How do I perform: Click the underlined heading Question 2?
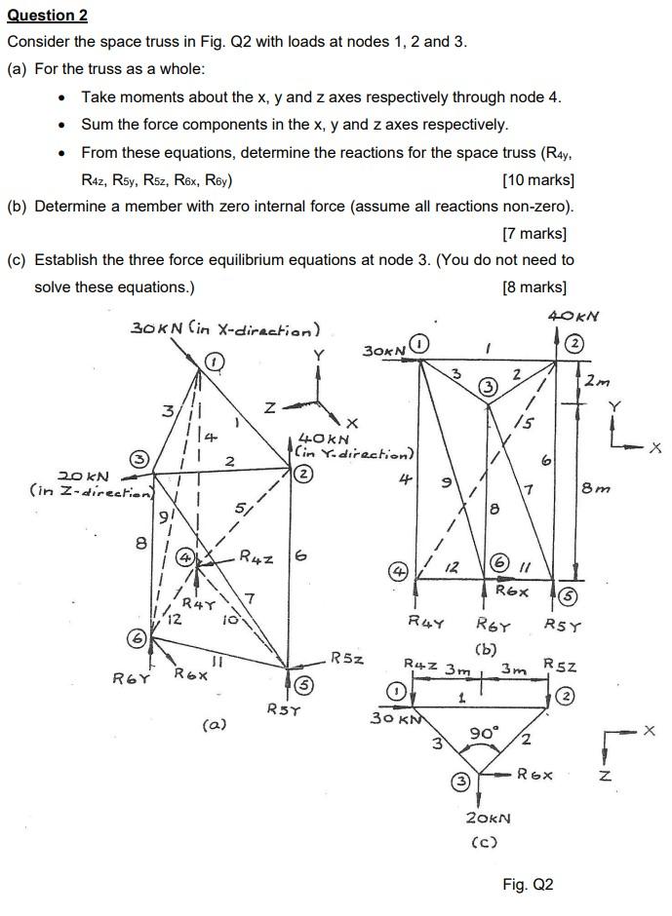point(47,15)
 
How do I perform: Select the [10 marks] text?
point(537,180)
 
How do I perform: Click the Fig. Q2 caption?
point(528,884)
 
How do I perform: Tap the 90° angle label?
point(484,733)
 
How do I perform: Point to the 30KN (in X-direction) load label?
point(225,327)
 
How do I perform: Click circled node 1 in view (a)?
point(214,362)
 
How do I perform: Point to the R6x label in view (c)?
point(536,775)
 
